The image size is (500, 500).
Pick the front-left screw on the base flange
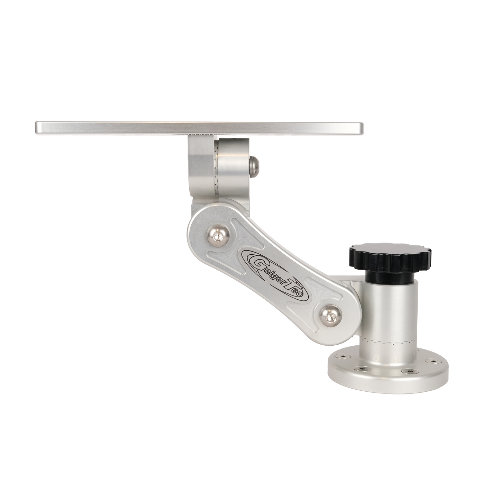(362, 368)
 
